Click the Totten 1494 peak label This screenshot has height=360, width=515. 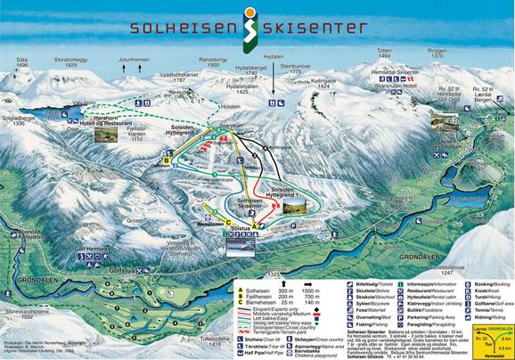(384, 54)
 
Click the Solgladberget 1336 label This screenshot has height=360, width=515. (20, 120)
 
